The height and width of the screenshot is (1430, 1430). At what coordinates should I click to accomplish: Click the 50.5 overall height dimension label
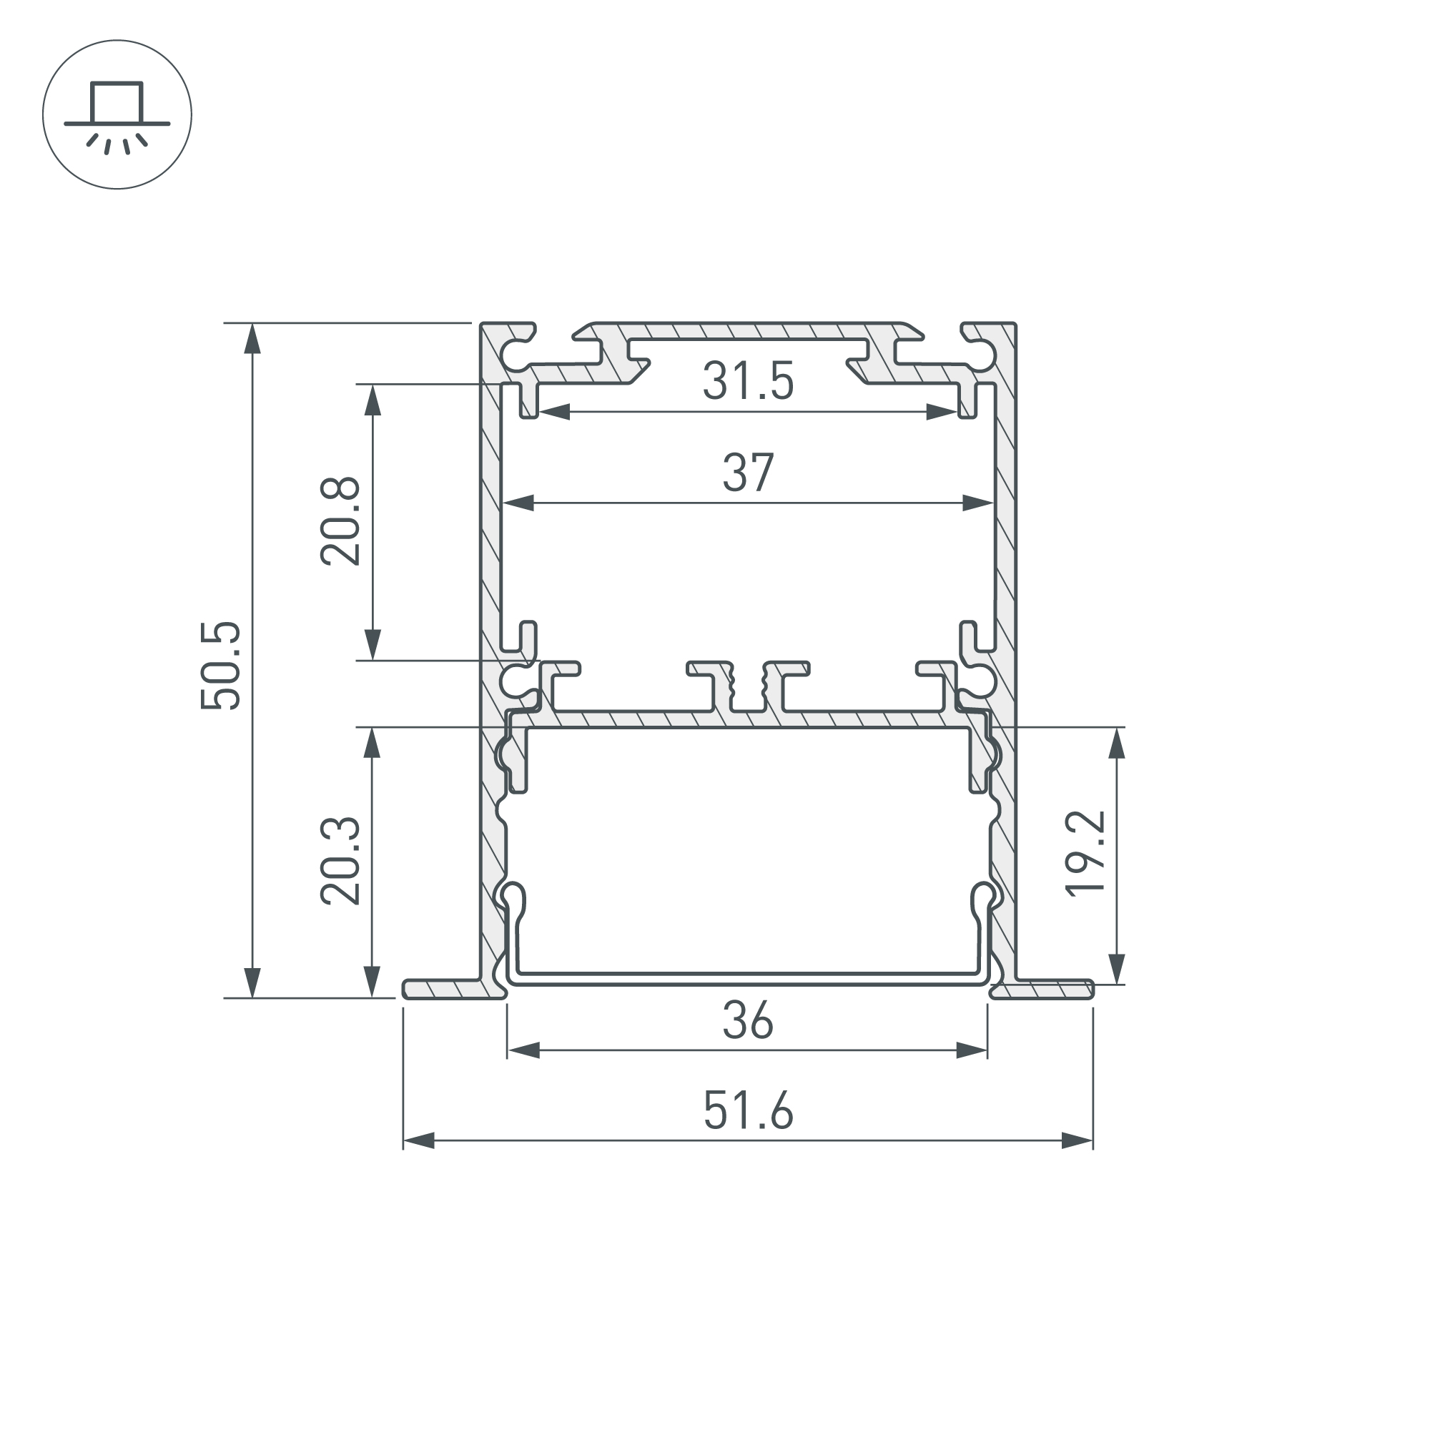click(220, 666)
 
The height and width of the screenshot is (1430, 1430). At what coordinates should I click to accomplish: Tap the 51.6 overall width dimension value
click(748, 1110)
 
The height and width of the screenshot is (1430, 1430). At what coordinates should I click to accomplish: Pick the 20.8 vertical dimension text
click(340, 522)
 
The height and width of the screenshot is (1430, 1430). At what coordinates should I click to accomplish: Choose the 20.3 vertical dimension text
click(340, 862)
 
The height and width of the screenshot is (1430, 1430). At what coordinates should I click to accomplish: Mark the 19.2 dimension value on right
click(1086, 854)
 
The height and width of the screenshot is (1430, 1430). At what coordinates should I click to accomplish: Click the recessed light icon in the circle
click(117, 114)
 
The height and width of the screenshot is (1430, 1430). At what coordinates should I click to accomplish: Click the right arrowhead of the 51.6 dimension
click(1077, 1140)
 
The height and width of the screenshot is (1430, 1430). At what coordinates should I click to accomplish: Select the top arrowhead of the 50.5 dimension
click(253, 339)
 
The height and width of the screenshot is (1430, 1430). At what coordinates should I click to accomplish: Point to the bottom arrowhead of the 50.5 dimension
click(253, 982)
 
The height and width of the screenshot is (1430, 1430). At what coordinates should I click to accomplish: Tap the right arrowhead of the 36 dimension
click(972, 1050)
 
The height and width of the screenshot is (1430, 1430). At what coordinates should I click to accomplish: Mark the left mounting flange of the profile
click(451, 990)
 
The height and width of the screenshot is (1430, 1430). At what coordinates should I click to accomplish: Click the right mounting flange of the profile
click(1044, 989)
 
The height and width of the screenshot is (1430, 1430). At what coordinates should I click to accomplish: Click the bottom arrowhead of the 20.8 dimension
click(373, 644)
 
